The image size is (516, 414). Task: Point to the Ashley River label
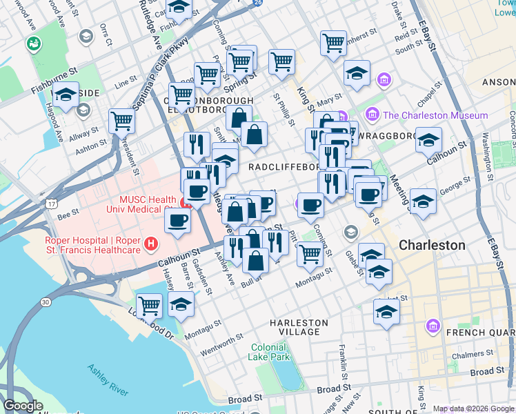[x=107, y=379]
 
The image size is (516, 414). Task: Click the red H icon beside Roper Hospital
[x=150, y=244]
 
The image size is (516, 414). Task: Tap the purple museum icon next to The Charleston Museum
[x=372, y=115]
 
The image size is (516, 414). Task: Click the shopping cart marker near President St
[x=121, y=121]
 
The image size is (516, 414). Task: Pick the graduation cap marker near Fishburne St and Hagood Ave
[x=66, y=96]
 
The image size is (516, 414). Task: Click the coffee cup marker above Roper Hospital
[x=178, y=221]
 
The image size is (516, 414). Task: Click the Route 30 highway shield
[x=46, y=302]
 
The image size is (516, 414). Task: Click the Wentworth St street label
[x=221, y=351]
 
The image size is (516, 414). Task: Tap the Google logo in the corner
[x=23, y=406]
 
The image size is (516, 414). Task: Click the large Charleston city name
[x=432, y=245]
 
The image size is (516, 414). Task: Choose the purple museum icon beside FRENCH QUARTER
[x=433, y=325]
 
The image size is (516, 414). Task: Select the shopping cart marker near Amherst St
[x=333, y=43]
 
